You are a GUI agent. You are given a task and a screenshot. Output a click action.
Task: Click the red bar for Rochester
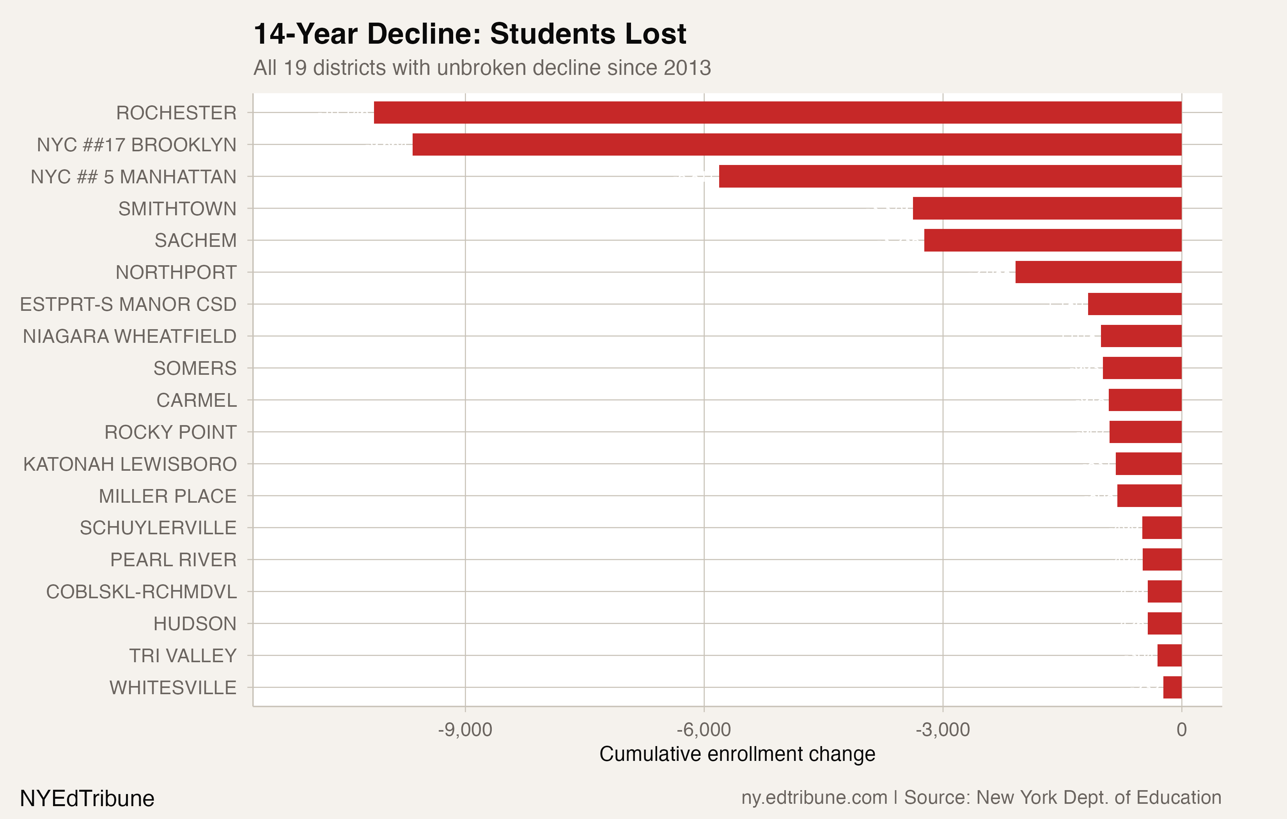point(778,112)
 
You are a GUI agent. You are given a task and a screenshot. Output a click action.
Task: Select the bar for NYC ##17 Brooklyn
point(796,144)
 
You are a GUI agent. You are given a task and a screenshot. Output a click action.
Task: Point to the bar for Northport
point(1098,272)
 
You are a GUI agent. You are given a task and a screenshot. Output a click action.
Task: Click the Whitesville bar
point(1172,688)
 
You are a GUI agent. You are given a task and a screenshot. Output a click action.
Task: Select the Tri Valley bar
point(1170,656)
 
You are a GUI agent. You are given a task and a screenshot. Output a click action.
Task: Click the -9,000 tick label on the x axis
point(464,730)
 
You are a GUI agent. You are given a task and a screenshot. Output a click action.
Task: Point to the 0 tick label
point(1181,730)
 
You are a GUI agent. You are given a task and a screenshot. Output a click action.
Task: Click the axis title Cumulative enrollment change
point(737,754)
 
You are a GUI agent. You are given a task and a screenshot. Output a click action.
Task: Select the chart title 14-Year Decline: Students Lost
point(469,34)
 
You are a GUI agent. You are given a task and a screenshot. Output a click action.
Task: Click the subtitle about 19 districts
point(482,68)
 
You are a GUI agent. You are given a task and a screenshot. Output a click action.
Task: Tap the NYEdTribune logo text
point(87,798)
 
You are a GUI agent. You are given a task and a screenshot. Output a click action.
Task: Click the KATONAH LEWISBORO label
point(129,464)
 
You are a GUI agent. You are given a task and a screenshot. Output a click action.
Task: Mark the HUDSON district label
point(195,624)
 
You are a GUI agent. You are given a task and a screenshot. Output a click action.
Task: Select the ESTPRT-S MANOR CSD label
point(128,304)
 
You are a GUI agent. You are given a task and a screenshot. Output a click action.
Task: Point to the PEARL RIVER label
point(173,560)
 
